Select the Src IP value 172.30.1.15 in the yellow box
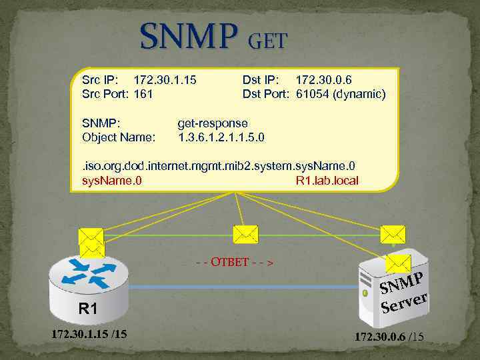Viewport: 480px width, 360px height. click(165, 81)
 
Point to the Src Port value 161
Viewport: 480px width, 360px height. click(143, 94)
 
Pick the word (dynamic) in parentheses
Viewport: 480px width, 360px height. click(363, 94)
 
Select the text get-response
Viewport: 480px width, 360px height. click(213, 123)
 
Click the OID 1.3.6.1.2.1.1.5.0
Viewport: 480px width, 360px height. click(221, 137)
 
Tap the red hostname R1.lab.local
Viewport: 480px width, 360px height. click(327, 180)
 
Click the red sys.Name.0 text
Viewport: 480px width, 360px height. click(111, 180)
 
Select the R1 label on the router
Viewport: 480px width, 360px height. click(87, 309)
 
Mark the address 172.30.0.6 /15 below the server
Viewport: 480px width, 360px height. click(389, 338)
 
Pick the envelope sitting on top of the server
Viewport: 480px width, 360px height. click(398, 263)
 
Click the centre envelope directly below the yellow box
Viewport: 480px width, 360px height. click(245, 233)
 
